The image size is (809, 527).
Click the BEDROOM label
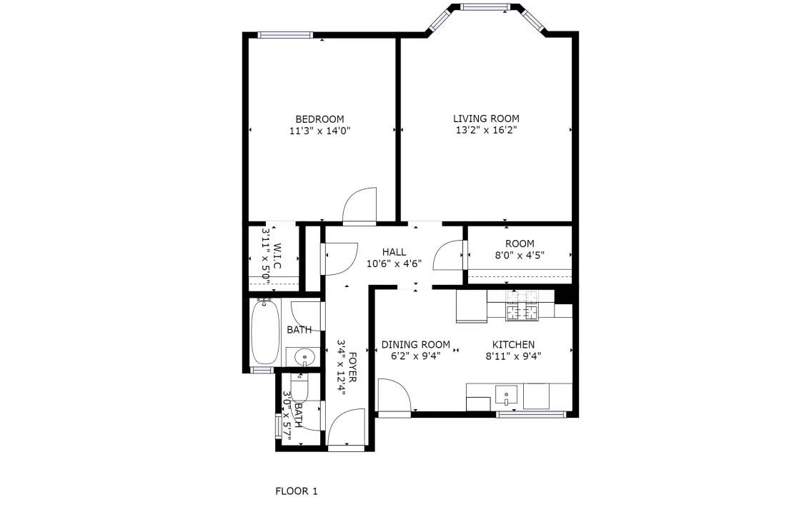tap(319, 119)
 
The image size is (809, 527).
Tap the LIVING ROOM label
tap(486, 119)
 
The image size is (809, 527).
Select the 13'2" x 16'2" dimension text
tap(486, 131)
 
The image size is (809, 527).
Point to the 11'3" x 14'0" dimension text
tap(320, 131)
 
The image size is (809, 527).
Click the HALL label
tap(394, 252)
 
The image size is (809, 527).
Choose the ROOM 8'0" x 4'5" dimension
tap(520, 255)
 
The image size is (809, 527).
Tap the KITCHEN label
tap(513, 344)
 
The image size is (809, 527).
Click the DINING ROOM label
tap(416, 344)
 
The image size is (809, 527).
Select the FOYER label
tap(353, 367)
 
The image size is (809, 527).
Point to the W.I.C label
tap(277, 256)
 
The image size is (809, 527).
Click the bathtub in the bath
tap(265, 331)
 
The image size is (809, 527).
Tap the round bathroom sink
tap(305, 357)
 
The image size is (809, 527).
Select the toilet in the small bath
tap(299, 390)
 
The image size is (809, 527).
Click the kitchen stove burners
tap(522, 305)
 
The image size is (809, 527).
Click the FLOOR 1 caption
tap(297, 491)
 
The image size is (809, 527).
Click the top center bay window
tap(485, 6)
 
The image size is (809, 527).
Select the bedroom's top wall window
tap(285, 35)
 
